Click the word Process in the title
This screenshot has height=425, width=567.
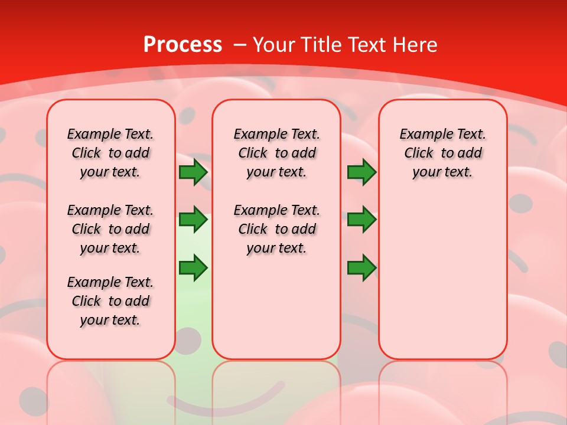click(x=183, y=45)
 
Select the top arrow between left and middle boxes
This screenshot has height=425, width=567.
click(x=193, y=172)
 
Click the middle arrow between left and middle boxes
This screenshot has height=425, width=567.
click(x=193, y=220)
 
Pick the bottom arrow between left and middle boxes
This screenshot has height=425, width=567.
click(x=193, y=268)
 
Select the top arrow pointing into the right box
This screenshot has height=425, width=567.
click(x=361, y=172)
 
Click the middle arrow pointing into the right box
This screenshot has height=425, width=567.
click(x=361, y=220)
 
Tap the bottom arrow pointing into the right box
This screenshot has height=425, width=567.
click(x=361, y=268)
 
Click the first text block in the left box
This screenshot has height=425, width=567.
click(x=110, y=153)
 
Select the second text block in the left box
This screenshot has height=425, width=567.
click(x=110, y=229)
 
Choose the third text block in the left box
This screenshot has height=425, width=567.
click(x=110, y=301)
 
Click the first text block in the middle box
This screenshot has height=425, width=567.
click(x=276, y=153)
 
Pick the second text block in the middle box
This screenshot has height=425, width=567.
click(x=276, y=229)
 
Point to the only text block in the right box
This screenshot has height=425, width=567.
click(x=442, y=153)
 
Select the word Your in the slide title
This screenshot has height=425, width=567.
click(x=275, y=45)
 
